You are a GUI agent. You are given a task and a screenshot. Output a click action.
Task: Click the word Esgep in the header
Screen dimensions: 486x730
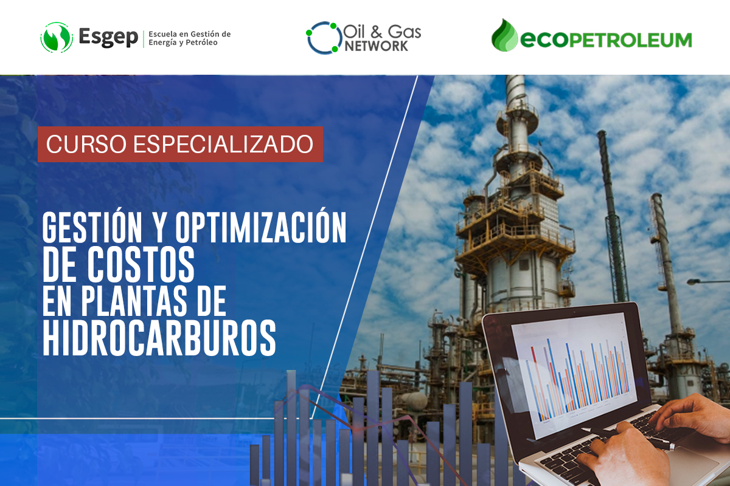pos(108,37)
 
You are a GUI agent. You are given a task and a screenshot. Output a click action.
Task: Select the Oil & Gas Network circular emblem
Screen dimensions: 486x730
pos(323,38)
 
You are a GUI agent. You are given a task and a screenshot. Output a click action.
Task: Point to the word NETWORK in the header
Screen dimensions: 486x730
pos(376,46)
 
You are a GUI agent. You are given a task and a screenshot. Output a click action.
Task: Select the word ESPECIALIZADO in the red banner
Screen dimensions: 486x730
pos(223,144)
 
